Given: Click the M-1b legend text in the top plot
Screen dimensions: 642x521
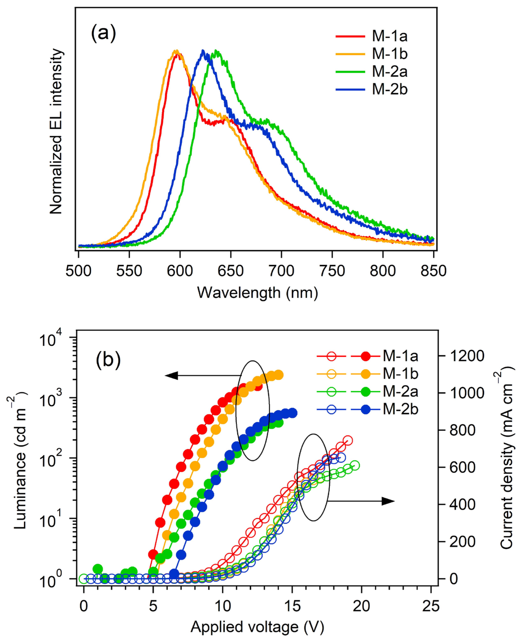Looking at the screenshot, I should (389, 54).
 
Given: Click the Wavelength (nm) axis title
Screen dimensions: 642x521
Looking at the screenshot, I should (257, 293).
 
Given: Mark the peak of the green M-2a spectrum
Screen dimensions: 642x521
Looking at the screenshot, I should (215, 52).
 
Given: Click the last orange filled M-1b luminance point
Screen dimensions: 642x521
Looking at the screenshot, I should (279, 375).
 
